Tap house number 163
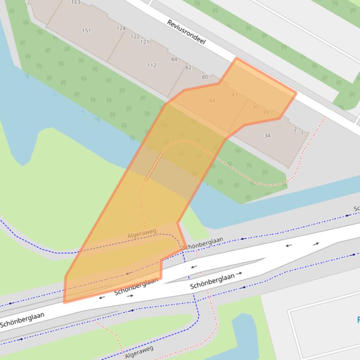tap(75, 2)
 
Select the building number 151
tap(86, 31)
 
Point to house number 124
tap(121, 29)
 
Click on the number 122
tap(135, 36)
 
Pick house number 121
tap(145, 42)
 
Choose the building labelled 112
tap(152, 65)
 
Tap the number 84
tap(174, 59)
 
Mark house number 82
tap(188, 68)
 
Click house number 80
tap(205, 77)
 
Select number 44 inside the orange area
tap(212, 101)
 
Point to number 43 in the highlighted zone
tap(235, 94)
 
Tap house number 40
tap(256, 107)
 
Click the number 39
tap(265, 112)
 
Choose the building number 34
tap(267, 136)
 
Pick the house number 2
tap(295, 130)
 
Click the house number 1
tap(302, 134)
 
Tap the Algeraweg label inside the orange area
tap(142, 234)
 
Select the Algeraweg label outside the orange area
tap(139, 352)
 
